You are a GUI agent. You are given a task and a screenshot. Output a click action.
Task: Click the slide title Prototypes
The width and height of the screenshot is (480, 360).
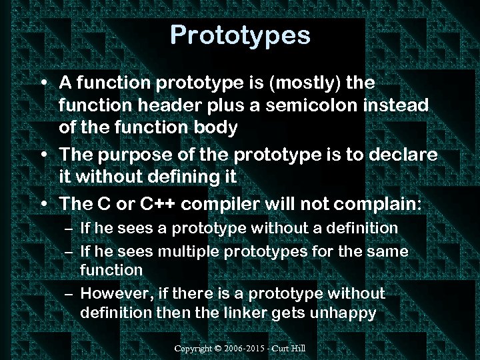point(240,35)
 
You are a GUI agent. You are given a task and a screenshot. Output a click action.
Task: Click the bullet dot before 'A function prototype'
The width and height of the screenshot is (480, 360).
point(43,84)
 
